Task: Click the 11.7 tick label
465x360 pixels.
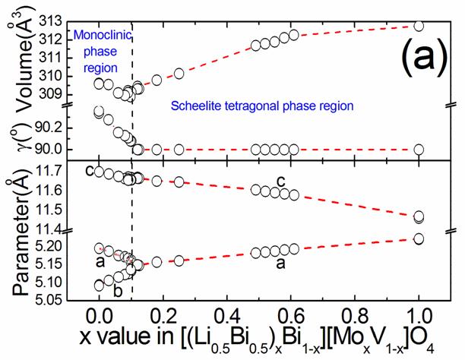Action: [48, 173]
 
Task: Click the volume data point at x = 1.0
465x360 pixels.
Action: [419, 26]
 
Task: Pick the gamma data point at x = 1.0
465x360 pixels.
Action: [419, 150]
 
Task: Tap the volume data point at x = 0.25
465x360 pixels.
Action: [179, 73]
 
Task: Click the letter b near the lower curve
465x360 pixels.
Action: [117, 290]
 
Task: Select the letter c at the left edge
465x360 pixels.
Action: [89, 171]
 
